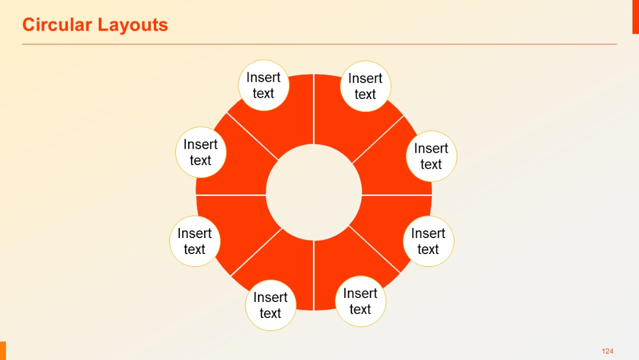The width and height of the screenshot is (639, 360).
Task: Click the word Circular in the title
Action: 57,25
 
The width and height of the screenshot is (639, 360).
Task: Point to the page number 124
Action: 607,351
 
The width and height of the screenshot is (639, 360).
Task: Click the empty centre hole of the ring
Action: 314,192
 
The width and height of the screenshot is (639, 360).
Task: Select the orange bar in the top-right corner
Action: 635,17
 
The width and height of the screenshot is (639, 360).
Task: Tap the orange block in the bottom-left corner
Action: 2,351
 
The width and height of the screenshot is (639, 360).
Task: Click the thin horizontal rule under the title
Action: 319,44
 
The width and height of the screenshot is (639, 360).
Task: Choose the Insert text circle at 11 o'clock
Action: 264,85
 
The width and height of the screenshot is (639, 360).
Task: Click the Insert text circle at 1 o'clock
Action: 366,86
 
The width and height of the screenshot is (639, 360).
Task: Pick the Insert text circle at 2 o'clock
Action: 432,156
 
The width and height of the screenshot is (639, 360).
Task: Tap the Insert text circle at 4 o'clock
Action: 428,241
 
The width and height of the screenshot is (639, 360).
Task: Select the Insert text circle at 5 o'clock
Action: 360,301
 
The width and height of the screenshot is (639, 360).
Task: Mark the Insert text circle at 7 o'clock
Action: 270,305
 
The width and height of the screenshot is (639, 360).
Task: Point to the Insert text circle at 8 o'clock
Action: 195,241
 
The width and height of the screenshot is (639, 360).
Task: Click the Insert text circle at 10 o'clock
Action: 201,152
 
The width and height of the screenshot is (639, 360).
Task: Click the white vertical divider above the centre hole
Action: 314,110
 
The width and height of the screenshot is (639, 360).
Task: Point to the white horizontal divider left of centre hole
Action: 231,194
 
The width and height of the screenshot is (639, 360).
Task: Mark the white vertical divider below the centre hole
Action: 314,275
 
